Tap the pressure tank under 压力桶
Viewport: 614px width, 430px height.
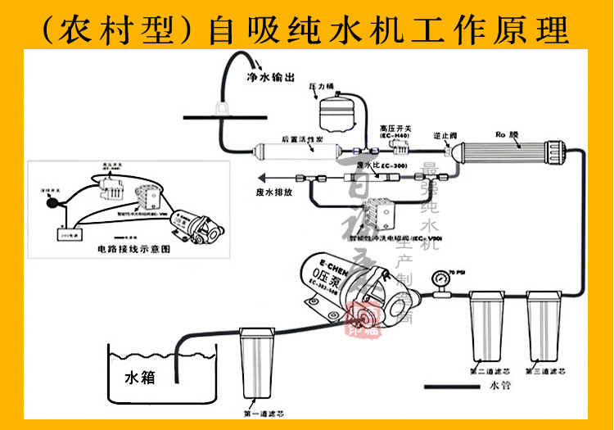click(x=334, y=111)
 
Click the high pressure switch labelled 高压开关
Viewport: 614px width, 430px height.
click(x=400, y=147)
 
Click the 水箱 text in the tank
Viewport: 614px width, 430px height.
click(x=138, y=378)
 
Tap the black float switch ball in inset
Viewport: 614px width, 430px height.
click(x=51, y=200)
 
